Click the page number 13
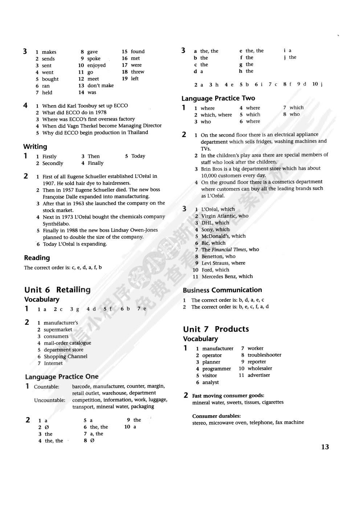[325, 447]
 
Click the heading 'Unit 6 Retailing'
[57, 290]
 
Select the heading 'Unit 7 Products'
[216, 329]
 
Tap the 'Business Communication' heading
[222, 290]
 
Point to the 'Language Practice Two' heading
[218, 98]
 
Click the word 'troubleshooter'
[264, 355]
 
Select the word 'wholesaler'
[260, 369]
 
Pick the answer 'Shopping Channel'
[66, 357]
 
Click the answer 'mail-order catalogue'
[67, 343]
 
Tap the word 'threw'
[138, 72]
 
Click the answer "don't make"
[101, 86]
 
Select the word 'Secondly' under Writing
[53, 163]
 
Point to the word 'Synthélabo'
[56, 223]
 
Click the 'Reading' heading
[37, 258]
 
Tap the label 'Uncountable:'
[50, 400]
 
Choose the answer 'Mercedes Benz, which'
[227, 276]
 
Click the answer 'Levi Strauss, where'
[223, 263]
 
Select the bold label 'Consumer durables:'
[216, 416]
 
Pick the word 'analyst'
[210, 382]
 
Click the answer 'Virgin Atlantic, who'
[225, 216]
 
